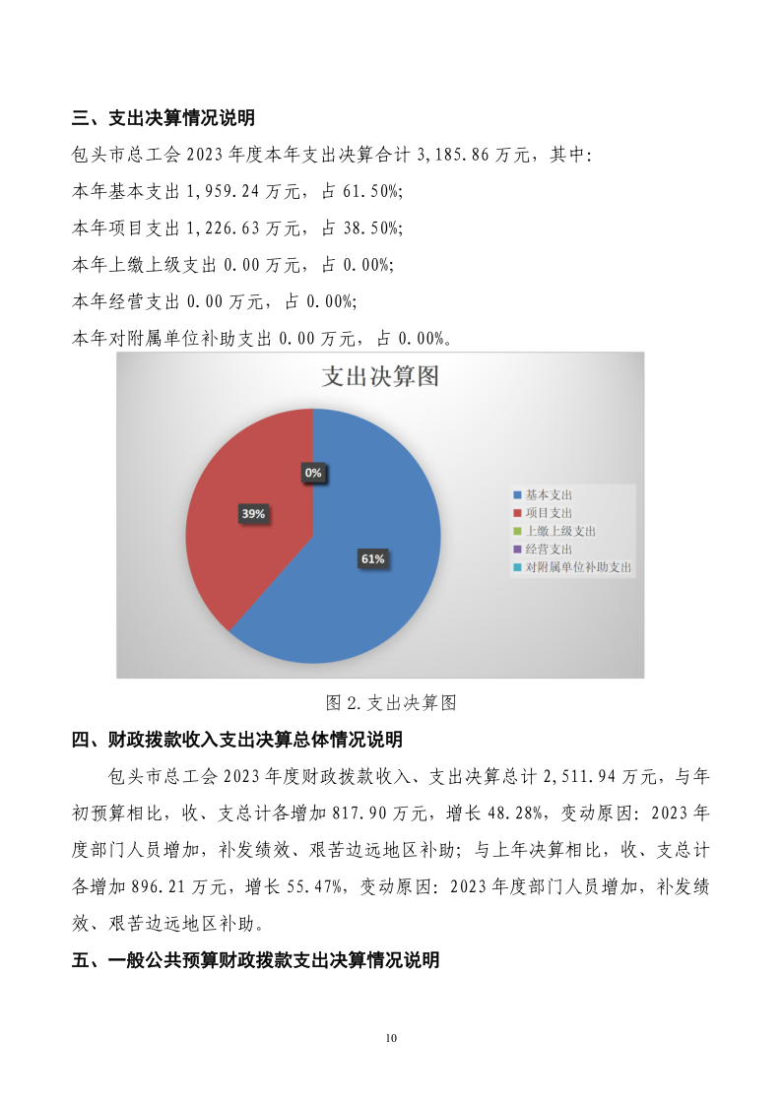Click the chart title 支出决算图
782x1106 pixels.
(380, 377)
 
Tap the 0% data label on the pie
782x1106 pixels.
(313, 473)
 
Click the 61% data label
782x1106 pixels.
(372, 558)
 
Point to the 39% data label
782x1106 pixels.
(253, 513)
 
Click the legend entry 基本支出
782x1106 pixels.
(548, 494)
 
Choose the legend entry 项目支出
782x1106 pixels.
(548, 513)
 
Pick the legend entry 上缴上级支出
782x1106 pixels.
(559, 531)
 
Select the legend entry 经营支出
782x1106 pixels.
(548, 550)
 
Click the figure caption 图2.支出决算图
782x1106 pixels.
(391, 703)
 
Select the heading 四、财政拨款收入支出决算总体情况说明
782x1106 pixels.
(237, 740)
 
